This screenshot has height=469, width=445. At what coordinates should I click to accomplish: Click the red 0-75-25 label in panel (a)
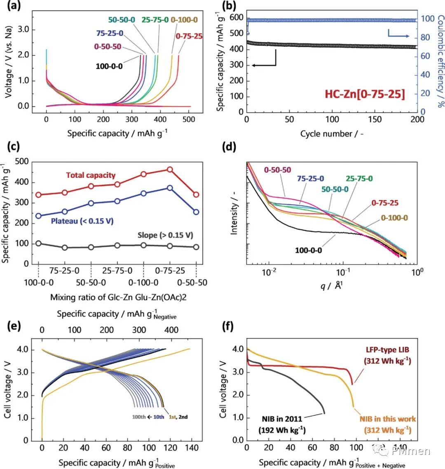[189, 36]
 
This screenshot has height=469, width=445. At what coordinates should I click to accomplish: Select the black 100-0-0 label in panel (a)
[109, 66]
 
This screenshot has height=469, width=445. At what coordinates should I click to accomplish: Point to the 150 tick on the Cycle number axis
[375, 120]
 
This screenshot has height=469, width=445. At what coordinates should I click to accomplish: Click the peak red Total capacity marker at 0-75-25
[170, 170]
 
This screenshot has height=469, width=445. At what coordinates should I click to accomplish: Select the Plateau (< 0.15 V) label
[82, 221]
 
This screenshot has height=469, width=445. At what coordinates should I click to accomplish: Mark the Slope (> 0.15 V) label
[165, 235]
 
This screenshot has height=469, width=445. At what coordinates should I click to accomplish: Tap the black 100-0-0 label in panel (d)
[309, 250]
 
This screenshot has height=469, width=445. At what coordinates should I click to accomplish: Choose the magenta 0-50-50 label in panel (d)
[277, 170]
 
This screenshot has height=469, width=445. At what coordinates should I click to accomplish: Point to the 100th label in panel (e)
[139, 417]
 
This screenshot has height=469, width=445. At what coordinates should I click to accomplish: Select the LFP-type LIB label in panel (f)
[388, 350]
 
